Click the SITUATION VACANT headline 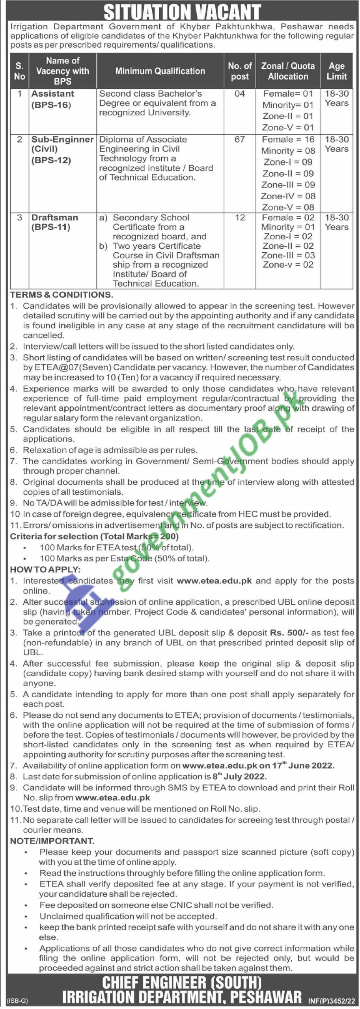(182, 12)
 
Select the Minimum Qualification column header (160, 71)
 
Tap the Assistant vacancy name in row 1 (53, 94)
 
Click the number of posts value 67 (240, 140)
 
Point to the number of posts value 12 (240, 218)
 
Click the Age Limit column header (336, 71)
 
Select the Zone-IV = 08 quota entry (288, 196)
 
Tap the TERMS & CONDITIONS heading (62, 294)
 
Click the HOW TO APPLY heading (45, 569)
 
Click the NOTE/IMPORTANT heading (52, 841)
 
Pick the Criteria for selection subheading (94, 536)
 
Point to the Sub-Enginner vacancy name (62, 140)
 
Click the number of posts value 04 (240, 94)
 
